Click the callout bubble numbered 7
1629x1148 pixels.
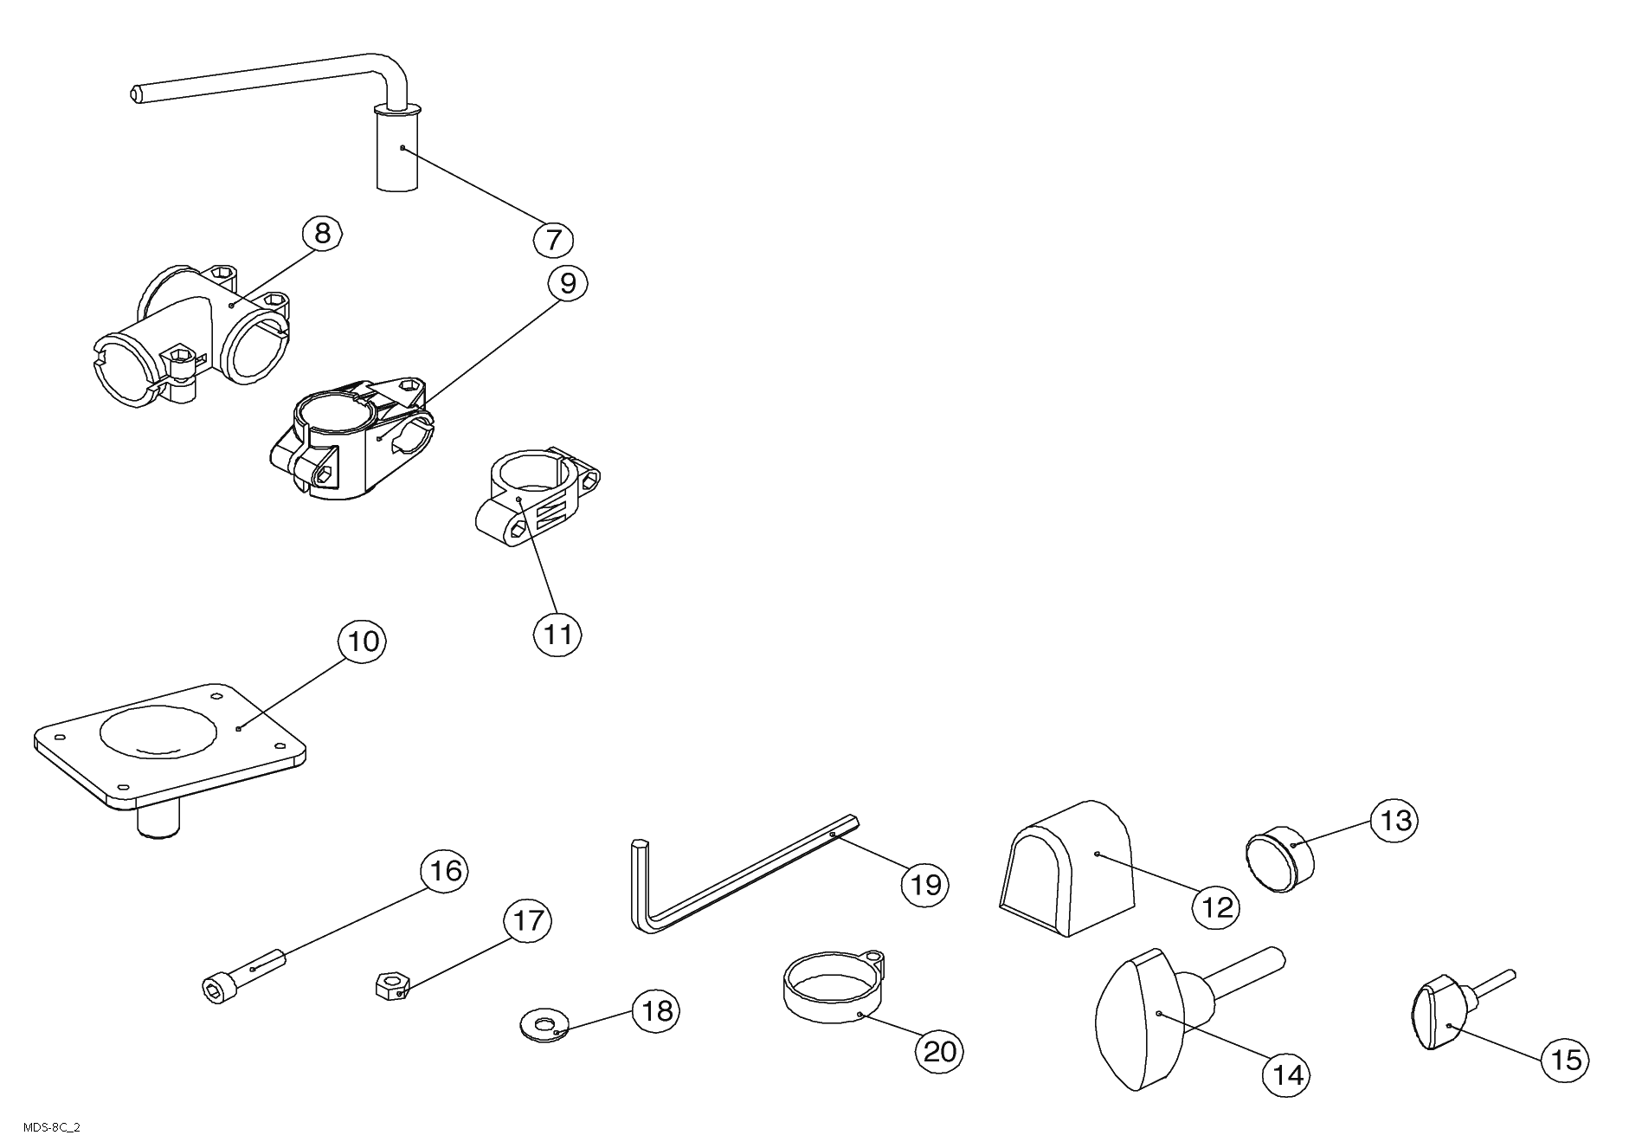click(x=553, y=238)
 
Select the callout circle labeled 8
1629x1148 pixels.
click(x=322, y=233)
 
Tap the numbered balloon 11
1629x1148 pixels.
click(x=557, y=635)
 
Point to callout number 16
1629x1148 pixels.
click(x=445, y=870)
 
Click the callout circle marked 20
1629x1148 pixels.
click(x=939, y=1051)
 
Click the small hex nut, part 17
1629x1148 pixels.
click(x=391, y=985)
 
